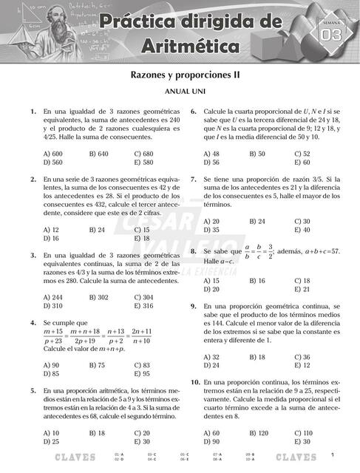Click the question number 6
pyautogui.click(x=193, y=112)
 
